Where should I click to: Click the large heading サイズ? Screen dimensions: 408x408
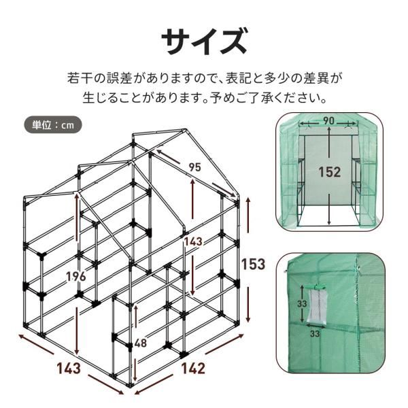[203, 42]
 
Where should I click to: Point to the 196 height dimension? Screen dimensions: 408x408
[77, 275]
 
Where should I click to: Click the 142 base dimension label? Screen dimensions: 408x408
[193, 369]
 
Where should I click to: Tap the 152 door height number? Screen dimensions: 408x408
[329, 173]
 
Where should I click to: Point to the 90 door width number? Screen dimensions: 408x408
[329, 120]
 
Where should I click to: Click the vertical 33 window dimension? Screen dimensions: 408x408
[301, 303]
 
